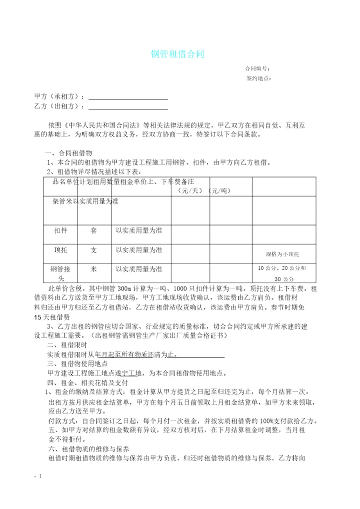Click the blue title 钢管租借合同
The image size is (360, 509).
tap(177, 54)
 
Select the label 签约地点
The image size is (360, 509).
tap(258, 78)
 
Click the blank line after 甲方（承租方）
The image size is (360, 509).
tap(128, 96)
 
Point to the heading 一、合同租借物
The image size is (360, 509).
tap(68, 153)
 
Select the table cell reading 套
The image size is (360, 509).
tap(93, 231)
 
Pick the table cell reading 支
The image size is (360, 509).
tap(93, 249)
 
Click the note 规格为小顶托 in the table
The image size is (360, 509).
tap(282, 253)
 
